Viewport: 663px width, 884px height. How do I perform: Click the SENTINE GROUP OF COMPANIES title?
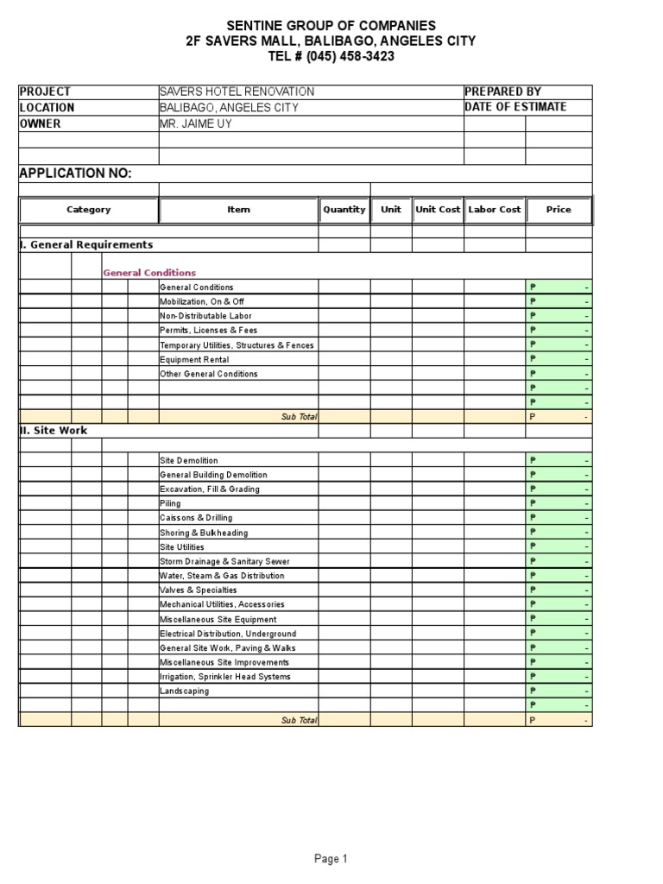pyautogui.click(x=331, y=25)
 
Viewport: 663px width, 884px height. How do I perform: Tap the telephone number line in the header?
pyautogui.click(x=331, y=57)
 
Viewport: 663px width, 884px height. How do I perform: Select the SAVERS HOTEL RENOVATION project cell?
pyautogui.click(x=237, y=92)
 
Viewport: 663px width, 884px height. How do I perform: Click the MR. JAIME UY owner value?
pyautogui.click(x=196, y=123)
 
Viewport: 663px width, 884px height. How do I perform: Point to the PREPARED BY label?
pyautogui.click(x=503, y=92)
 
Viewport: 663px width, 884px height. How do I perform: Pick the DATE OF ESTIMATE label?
pyautogui.click(x=515, y=107)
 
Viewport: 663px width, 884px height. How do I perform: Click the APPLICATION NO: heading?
pyautogui.click(x=76, y=174)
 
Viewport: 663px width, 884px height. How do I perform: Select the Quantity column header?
pyautogui.click(x=344, y=210)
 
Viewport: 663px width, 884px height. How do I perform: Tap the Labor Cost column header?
pyautogui.click(x=495, y=210)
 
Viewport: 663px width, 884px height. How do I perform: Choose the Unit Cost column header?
pyautogui.click(x=438, y=210)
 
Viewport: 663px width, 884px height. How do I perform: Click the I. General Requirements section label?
pyautogui.click(x=86, y=245)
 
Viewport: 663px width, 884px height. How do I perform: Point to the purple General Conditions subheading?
pyautogui.click(x=149, y=273)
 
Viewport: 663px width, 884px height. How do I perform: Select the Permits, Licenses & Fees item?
pyautogui.click(x=208, y=331)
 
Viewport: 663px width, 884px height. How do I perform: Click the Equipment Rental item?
pyautogui.click(x=190, y=360)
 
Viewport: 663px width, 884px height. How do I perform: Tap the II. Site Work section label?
pyautogui.click(x=54, y=430)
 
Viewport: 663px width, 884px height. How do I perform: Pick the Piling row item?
pyautogui.click(x=170, y=503)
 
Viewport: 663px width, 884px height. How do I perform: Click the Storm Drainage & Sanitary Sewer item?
pyautogui.click(x=222, y=561)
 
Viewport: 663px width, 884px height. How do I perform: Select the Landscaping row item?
pyautogui.click(x=184, y=691)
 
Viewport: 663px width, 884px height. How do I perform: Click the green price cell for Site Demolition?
pyautogui.click(x=559, y=460)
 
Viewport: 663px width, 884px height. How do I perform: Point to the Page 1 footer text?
pyautogui.click(x=331, y=859)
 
